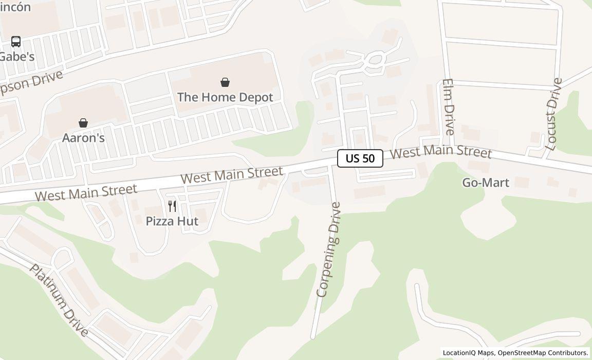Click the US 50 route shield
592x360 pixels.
[x=360, y=158]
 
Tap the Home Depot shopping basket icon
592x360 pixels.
[x=225, y=82]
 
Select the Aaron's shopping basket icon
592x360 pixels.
[x=83, y=123]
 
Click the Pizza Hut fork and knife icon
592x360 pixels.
[x=172, y=206]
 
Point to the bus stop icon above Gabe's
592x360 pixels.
[x=16, y=42]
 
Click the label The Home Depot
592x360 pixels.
[x=225, y=97]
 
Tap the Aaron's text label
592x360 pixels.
[x=83, y=138]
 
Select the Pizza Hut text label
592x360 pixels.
[x=172, y=221]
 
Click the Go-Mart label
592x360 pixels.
[x=486, y=183]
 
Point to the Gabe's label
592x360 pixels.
[x=17, y=57]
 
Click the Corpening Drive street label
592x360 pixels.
[x=329, y=250]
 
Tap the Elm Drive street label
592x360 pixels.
[x=448, y=106]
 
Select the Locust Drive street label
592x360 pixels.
[x=554, y=114]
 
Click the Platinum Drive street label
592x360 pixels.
[x=59, y=300]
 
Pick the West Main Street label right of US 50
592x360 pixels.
[x=441, y=152]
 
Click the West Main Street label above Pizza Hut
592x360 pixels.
[x=231, y=175]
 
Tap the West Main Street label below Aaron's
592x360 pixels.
[x=86, y=192]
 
